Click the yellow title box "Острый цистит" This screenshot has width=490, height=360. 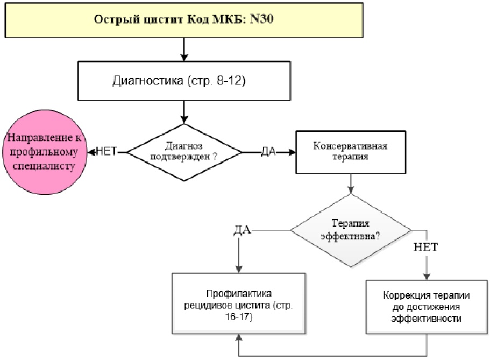click(184, 20)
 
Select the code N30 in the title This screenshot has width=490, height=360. click(261, 19)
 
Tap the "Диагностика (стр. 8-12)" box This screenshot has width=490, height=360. click(184, 81)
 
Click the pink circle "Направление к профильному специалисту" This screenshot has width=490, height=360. click(45, 152)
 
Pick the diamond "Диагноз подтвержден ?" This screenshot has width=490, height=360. click(184, 152)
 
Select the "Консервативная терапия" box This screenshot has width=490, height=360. click(351, 152)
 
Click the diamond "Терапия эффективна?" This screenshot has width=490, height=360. click(351, 230)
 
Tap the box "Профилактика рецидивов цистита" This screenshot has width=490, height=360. click(239, 303)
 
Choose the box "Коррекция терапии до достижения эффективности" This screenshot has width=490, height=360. click(427, 307)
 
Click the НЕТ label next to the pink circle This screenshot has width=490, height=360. click(106, 151)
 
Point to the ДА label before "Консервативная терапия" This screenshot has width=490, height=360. click(269, 152)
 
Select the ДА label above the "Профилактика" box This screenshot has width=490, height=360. click(242, 230)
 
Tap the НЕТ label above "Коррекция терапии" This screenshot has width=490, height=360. click(425, 248)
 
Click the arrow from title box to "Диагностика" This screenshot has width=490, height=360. click(184, 50)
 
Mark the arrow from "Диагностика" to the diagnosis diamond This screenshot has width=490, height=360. click(184, 112)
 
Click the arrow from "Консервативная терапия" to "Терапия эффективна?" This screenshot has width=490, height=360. click(351, 183)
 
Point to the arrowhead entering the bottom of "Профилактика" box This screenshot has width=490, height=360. click(239, 337)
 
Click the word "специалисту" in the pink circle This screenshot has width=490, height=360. click(44, 166)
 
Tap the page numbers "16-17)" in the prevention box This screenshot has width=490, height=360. click(239, 317)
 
